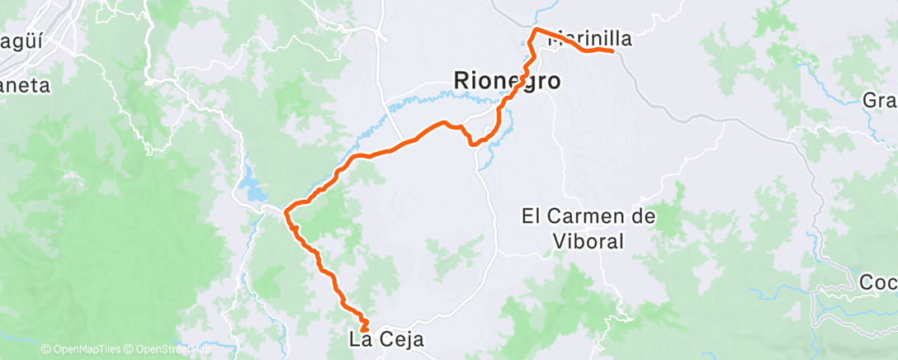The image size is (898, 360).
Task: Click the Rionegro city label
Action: pos(508,81)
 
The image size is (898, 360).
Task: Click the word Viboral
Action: pos(588,241)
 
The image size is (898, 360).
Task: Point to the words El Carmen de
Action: pos(588,217)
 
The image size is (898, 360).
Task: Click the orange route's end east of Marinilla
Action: pos(612,51)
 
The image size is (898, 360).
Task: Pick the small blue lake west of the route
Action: pos(251,192)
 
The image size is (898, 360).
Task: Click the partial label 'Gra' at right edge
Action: pos(881,101)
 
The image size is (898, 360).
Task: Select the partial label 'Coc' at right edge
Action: pos(879,282)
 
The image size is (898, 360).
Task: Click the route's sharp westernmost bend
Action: pos(286,212)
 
